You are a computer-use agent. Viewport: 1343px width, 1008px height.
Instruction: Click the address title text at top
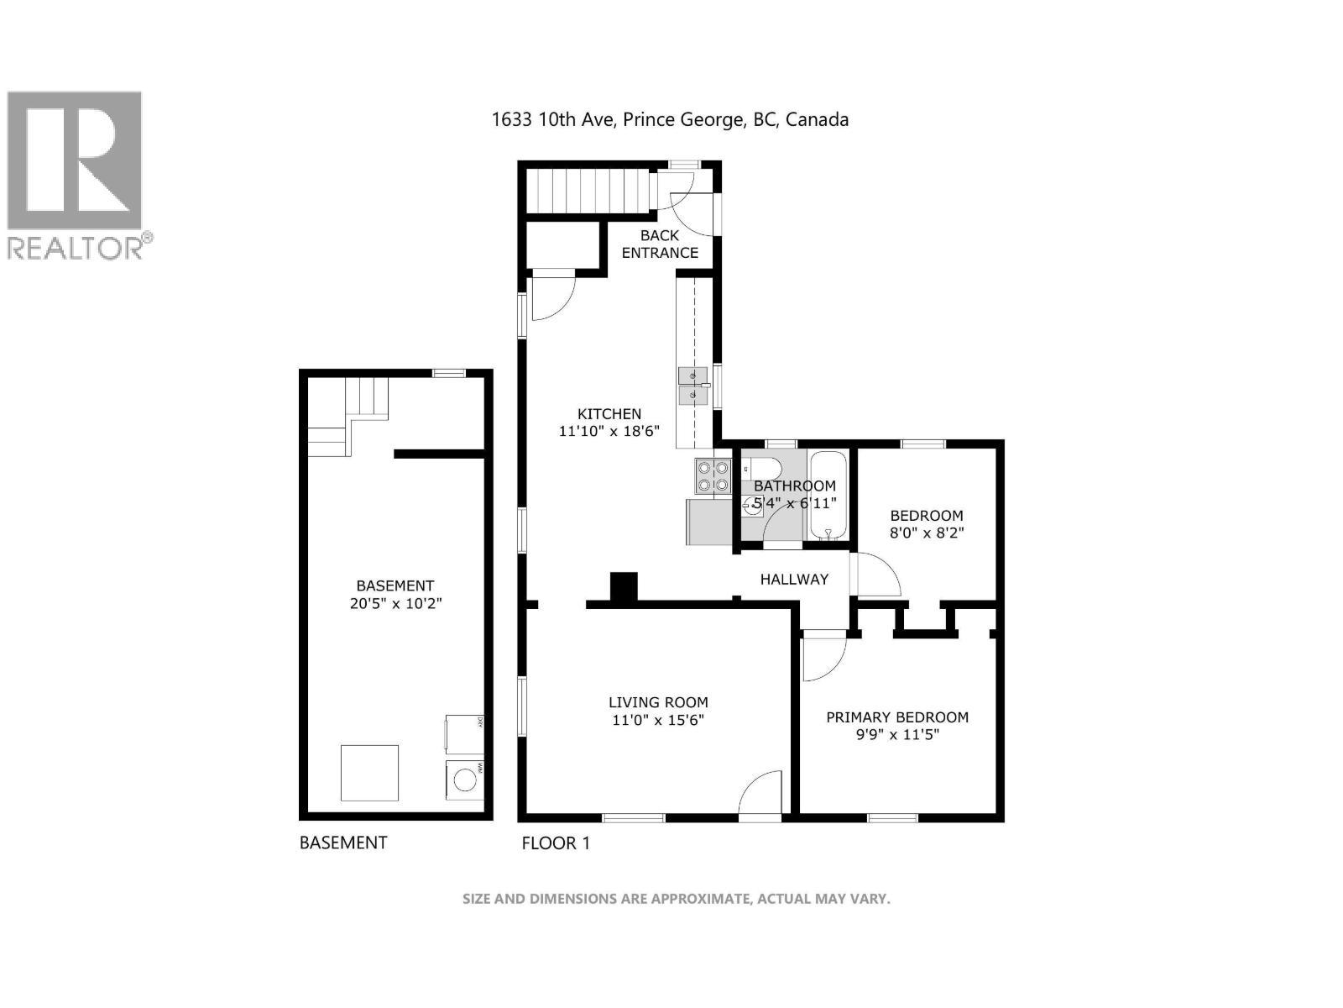coord(670,120)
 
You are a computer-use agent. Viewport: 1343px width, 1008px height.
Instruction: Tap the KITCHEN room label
coord(609,413)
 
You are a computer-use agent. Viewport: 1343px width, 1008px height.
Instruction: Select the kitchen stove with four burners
coord(713,476)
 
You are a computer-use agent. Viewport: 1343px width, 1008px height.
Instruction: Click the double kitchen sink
coord(692,386)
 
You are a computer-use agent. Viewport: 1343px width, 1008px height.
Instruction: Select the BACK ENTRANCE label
coord(660,244)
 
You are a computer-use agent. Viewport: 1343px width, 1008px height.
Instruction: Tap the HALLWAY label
coord(794,579)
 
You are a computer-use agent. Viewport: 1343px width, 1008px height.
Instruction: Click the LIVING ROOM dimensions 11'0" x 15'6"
coord(658,720)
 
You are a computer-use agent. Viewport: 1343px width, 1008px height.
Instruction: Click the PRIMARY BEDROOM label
coord(897,717)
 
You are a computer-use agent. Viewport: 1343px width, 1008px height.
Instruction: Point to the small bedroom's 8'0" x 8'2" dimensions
coord(927,533)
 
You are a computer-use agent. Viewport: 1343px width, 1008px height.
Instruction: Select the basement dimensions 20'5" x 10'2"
coord(395,603)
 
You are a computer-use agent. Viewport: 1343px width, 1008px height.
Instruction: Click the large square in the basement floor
coord(369,773)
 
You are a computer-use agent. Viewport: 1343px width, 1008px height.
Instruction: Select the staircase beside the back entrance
coord(588,192)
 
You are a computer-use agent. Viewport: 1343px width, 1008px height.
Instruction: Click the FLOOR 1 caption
coord(556,843)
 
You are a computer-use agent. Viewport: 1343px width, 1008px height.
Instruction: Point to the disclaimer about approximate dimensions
coord(676,899)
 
